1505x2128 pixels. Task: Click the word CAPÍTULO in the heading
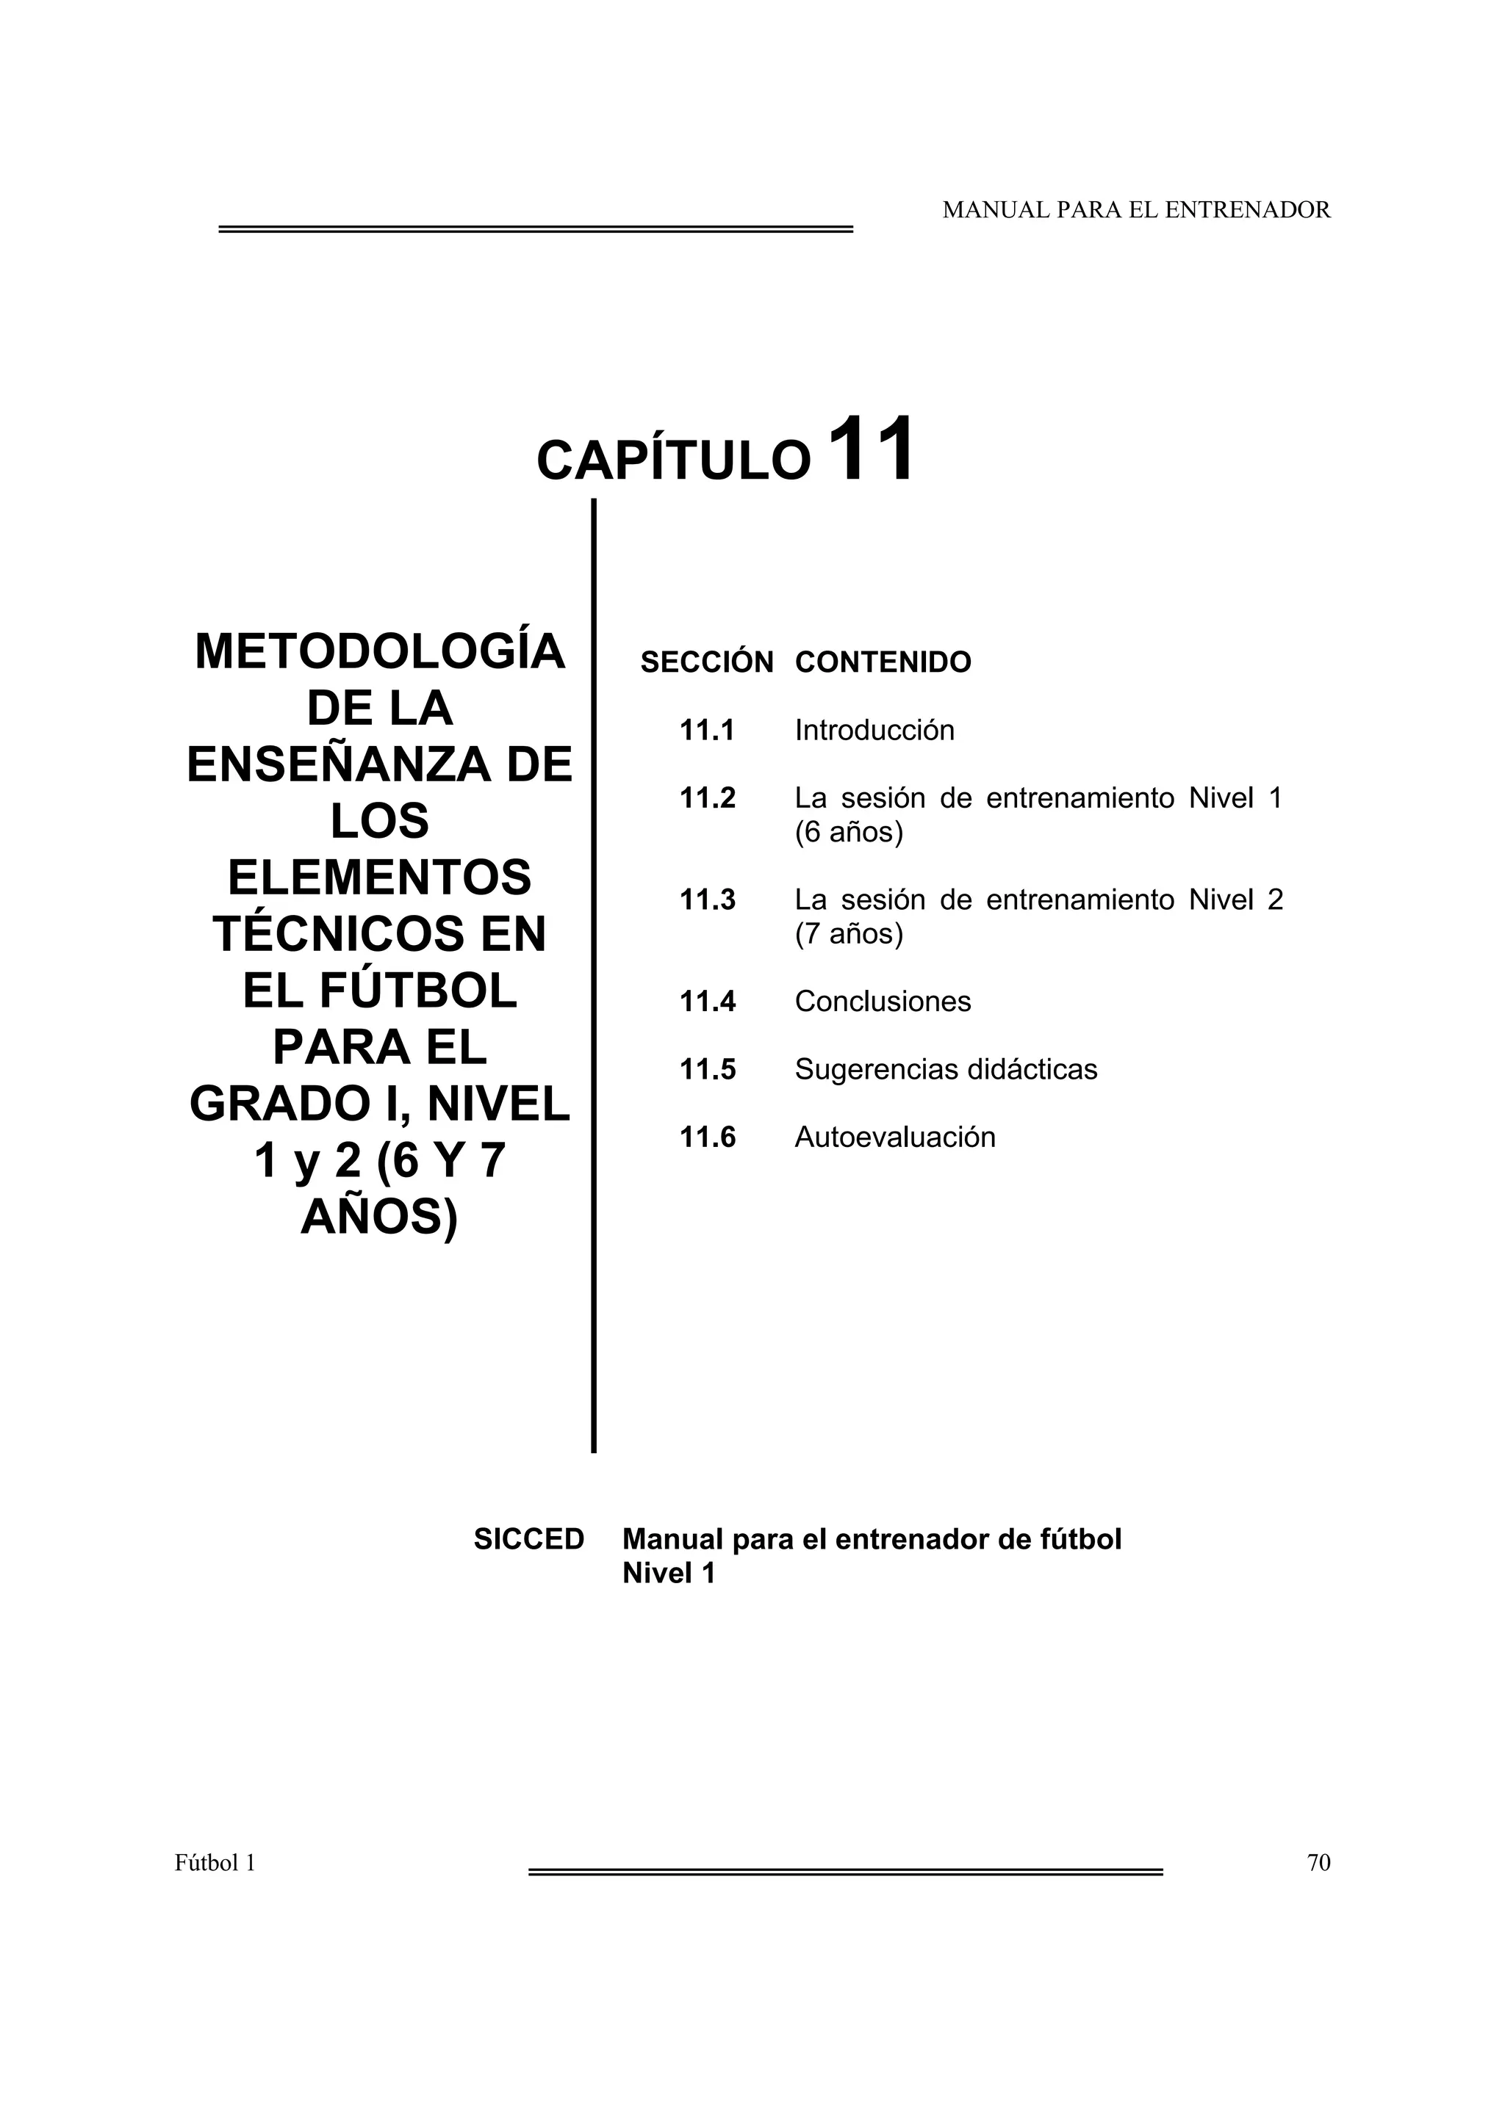click(x=674, y=460)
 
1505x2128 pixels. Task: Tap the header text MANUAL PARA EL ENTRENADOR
click(x=1136, y=211)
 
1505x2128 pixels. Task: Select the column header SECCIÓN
click(x=707, y=662)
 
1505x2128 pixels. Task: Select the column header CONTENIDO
click(x=883, y=662)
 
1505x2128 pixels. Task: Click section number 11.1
click(x=707, y=731)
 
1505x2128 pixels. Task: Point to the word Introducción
click(x=874, y=731)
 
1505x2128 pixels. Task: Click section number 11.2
click(x=707, y=798)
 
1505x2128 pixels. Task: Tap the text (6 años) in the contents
click(x=849, y=832)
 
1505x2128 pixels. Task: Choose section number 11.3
click(x=707, y=900)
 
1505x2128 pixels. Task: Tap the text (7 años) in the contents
click(x=849, y=933)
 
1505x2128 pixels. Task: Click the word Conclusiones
click(x=883, y=1001)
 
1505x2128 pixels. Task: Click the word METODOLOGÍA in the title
click(x=379, y=651)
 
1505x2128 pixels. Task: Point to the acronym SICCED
click(x=528, y=1540)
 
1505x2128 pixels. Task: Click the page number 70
click(x=1318, y=1863)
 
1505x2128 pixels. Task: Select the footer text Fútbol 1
click(x=215, y=1863)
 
